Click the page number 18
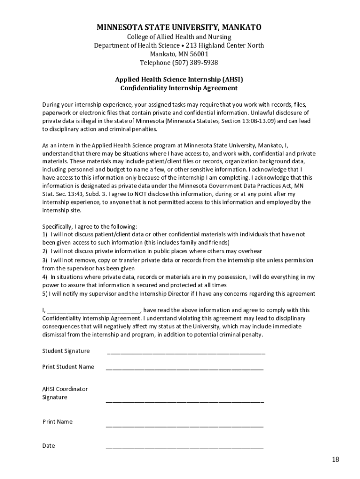[x=336, y=459]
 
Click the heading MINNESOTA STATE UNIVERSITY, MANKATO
[x=179, y=27]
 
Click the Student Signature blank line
[x=186, y=352]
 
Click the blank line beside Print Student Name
[x=185, y=368]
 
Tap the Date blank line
[x=185, y=447]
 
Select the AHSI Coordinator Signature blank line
[x=185, y=400]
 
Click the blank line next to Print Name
[x=185, y=425]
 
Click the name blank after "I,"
[x=94, y=311]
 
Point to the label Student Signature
[x=66, y=351]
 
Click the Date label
[x=49, y=446]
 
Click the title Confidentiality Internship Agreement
[x=179, y=88]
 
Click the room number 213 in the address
[x=191, y=45]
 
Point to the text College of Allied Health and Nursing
[x=179, y=36]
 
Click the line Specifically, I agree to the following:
[x=90, y=226]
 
